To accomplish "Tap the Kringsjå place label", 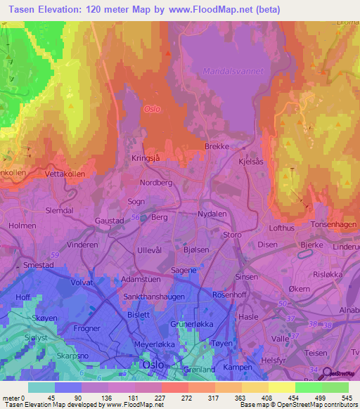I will pyautogui.click(x=146, y=159).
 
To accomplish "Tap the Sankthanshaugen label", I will pyautogui.click(x=154, y=297).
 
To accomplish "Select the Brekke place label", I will pyautogui.click(x=216, y=146).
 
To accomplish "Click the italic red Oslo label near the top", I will pyautogui.click(x=152, y=109).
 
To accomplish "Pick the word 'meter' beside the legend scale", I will pyautogui.click(x=11, y=399).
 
